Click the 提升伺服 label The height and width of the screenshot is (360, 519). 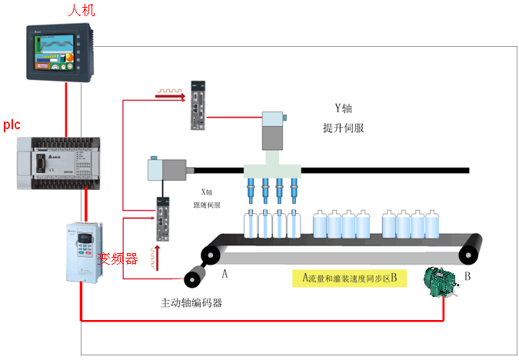click(343, 128)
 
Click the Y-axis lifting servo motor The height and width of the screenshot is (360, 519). click(274, 131)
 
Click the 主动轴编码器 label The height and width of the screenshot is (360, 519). click(191, 302)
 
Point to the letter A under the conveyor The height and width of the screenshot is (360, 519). click(225, 272)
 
